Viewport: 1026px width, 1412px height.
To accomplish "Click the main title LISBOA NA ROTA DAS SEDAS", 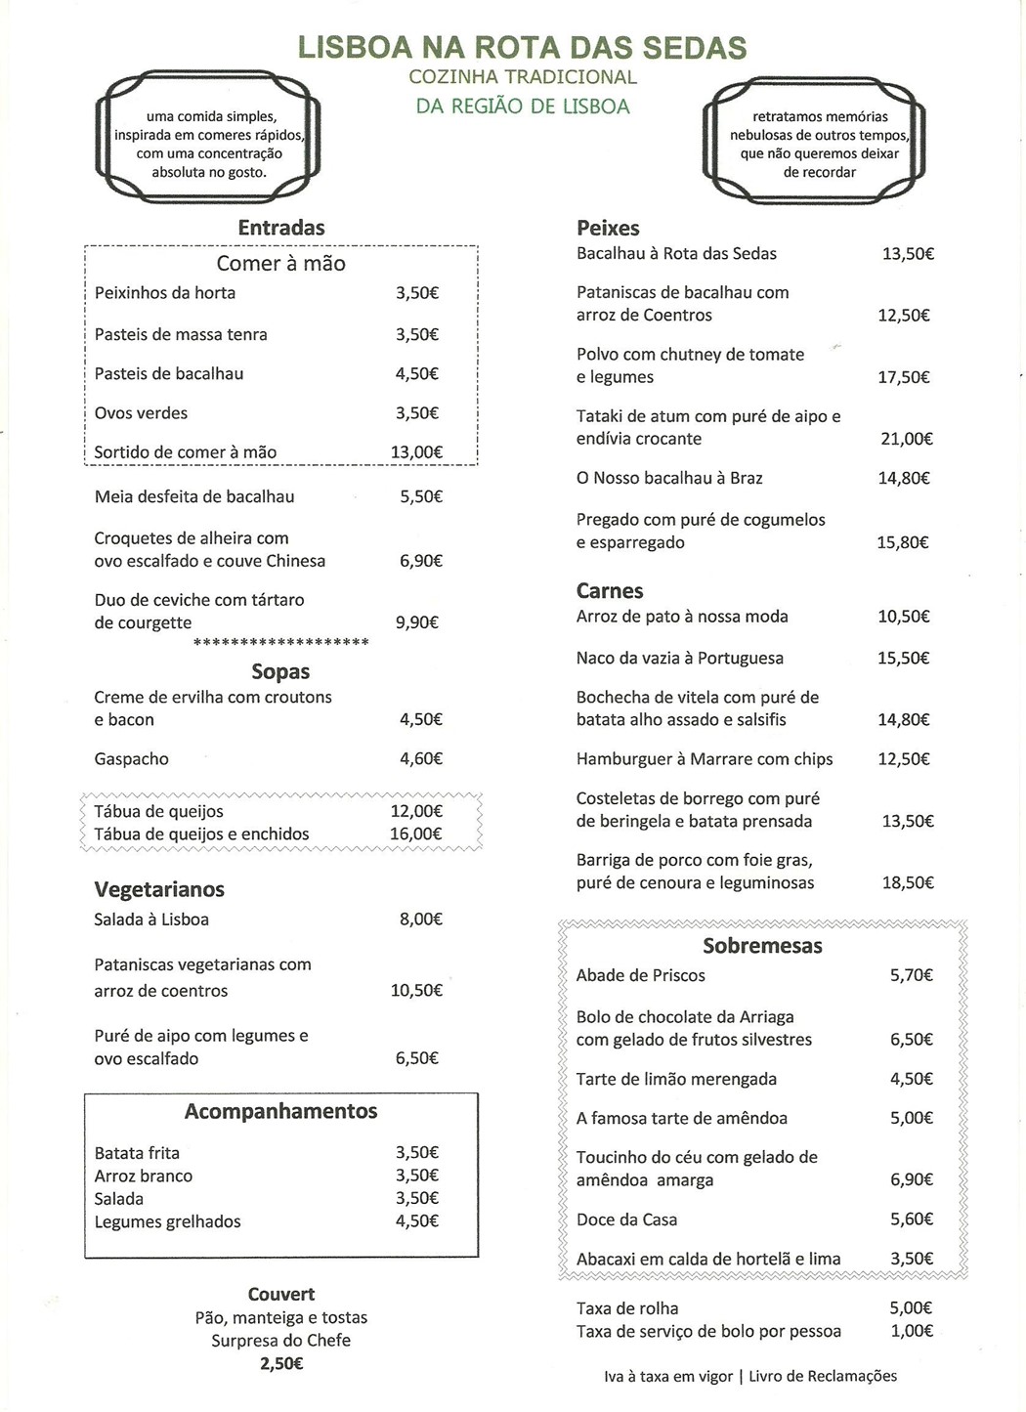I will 522,47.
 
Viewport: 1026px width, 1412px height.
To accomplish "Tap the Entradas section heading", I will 280,228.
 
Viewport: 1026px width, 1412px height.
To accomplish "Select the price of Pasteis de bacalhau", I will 416,373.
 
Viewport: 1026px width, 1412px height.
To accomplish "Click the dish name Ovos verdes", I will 141,412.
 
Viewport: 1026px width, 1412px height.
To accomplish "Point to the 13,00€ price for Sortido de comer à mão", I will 416,451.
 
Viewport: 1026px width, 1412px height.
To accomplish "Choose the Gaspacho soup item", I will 131,758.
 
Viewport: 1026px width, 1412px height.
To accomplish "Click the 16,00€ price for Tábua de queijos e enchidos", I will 416,834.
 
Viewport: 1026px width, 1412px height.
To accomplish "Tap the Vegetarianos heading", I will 159,889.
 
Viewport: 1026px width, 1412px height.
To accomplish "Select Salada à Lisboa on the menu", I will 151,919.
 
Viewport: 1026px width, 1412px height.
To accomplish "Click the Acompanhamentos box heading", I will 280,1111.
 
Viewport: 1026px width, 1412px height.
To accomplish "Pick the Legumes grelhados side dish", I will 167,1220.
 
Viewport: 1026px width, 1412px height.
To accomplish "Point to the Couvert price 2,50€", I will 281,1363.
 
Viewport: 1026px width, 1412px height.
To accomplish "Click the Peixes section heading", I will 608,228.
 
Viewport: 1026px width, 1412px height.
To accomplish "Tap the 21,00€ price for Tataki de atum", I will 906,439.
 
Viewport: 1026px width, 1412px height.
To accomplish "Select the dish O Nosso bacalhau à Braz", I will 669,478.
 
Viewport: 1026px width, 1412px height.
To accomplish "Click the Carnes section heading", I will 610,590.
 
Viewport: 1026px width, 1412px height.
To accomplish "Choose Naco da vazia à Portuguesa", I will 679,658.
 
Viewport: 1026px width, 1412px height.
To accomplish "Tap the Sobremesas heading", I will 762,945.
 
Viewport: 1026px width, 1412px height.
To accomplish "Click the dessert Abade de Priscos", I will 640,974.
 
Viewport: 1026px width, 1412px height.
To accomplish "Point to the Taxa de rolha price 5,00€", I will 911,1307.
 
